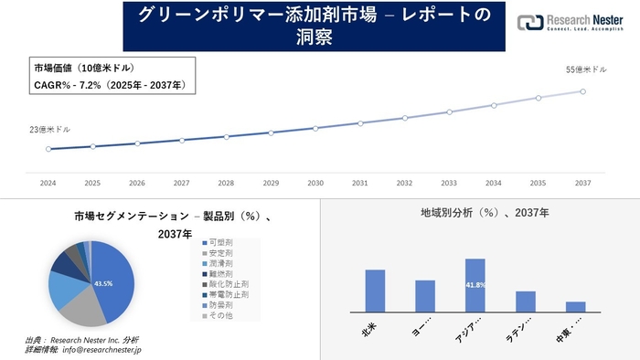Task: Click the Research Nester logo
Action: [x=571, y=23]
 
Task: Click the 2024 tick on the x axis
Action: [x=48, y=183]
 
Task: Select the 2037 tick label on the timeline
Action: [x=582, y=183]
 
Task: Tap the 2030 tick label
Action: [x=315, y=183]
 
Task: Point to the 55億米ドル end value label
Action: [x=586, y=69]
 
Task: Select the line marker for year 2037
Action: [x=582, y=90]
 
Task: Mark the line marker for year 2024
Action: [x=48, y=149]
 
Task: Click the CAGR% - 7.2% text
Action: [x=109, y=85]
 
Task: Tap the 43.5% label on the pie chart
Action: [x=103, y=284]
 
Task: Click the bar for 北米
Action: [x=375, y=291]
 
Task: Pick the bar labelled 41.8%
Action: [x=475, y=285]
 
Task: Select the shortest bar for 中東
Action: [x=575, y=306]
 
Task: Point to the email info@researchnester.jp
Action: [x=95, y=349]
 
